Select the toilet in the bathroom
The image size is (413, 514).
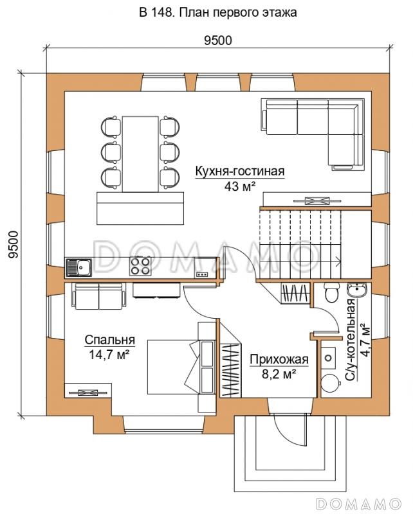331,292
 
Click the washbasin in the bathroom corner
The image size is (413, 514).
358,290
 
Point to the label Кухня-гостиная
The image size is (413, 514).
240,171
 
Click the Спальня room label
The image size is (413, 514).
109,340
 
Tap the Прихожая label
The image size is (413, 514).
279,359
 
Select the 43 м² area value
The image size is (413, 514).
240,186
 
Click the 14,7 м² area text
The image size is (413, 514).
109,355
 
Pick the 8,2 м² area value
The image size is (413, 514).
279,374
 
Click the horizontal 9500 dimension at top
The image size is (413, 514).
218,40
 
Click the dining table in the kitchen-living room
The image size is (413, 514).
140,154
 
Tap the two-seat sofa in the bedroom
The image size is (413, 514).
99,296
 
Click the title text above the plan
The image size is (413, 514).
218,12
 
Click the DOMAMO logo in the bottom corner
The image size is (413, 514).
359,503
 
